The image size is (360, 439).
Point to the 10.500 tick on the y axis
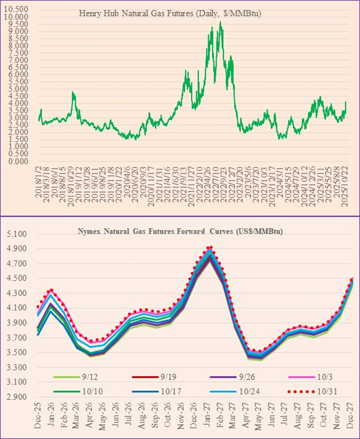tap(18, 10)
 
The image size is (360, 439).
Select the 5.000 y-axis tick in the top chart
tap(18, 89)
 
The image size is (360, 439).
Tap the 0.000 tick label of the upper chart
tap(18, 161)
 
